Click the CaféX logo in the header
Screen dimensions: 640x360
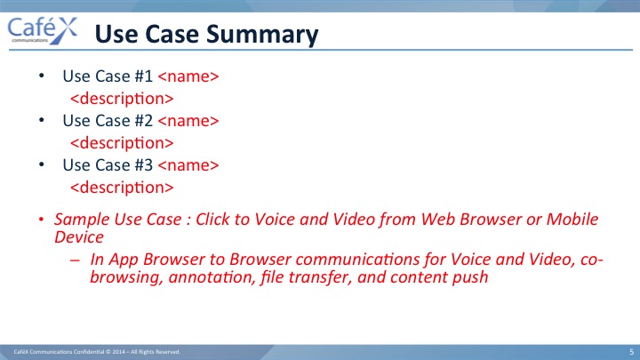43,30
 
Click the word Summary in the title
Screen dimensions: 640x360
262,35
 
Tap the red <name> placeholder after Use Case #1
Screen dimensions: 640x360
188,76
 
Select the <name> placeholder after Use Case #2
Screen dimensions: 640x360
188,121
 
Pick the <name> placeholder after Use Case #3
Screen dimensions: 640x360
188,165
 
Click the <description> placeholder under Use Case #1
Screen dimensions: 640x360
122,100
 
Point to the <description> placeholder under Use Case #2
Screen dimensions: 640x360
122,144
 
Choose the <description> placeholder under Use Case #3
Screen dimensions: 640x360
122,188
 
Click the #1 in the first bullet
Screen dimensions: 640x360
143,76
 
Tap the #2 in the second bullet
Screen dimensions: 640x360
143,121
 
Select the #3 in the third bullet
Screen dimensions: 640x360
143,165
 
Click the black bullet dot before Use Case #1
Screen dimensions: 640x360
41,76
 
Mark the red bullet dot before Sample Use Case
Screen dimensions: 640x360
41,220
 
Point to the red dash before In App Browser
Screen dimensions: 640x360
75,260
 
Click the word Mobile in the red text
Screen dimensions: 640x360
572,220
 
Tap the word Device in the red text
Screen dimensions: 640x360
79,237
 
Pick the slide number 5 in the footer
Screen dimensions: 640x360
631,352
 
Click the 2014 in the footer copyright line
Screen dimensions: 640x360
119,352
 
